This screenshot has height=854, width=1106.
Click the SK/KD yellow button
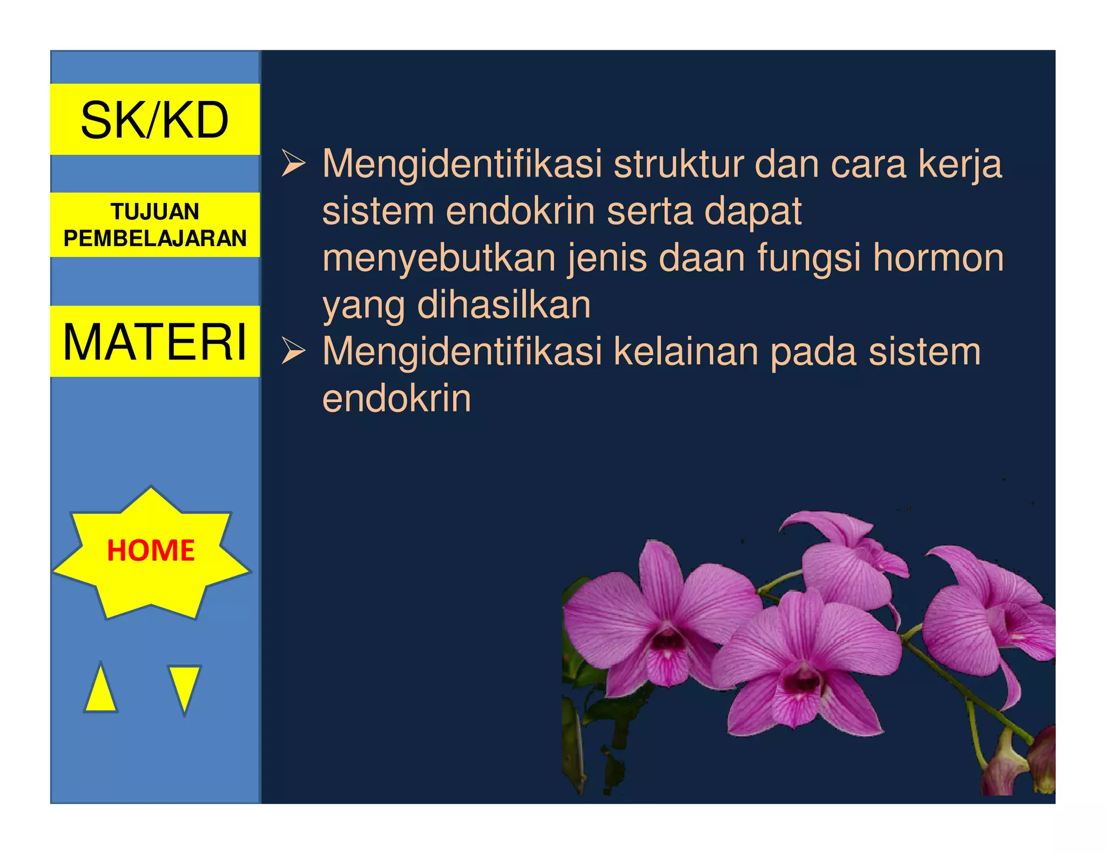point(154,119)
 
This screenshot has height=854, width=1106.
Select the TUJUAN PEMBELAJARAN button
point(154,225)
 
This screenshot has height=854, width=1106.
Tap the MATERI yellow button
point(154,341)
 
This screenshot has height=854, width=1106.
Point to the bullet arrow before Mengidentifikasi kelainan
point(293,352)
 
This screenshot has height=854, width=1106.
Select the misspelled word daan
point(702,258)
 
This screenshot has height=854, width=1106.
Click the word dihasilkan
point(504,305)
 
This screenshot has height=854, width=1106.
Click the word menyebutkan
point(439,259)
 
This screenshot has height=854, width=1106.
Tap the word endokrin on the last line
point(397,399)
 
